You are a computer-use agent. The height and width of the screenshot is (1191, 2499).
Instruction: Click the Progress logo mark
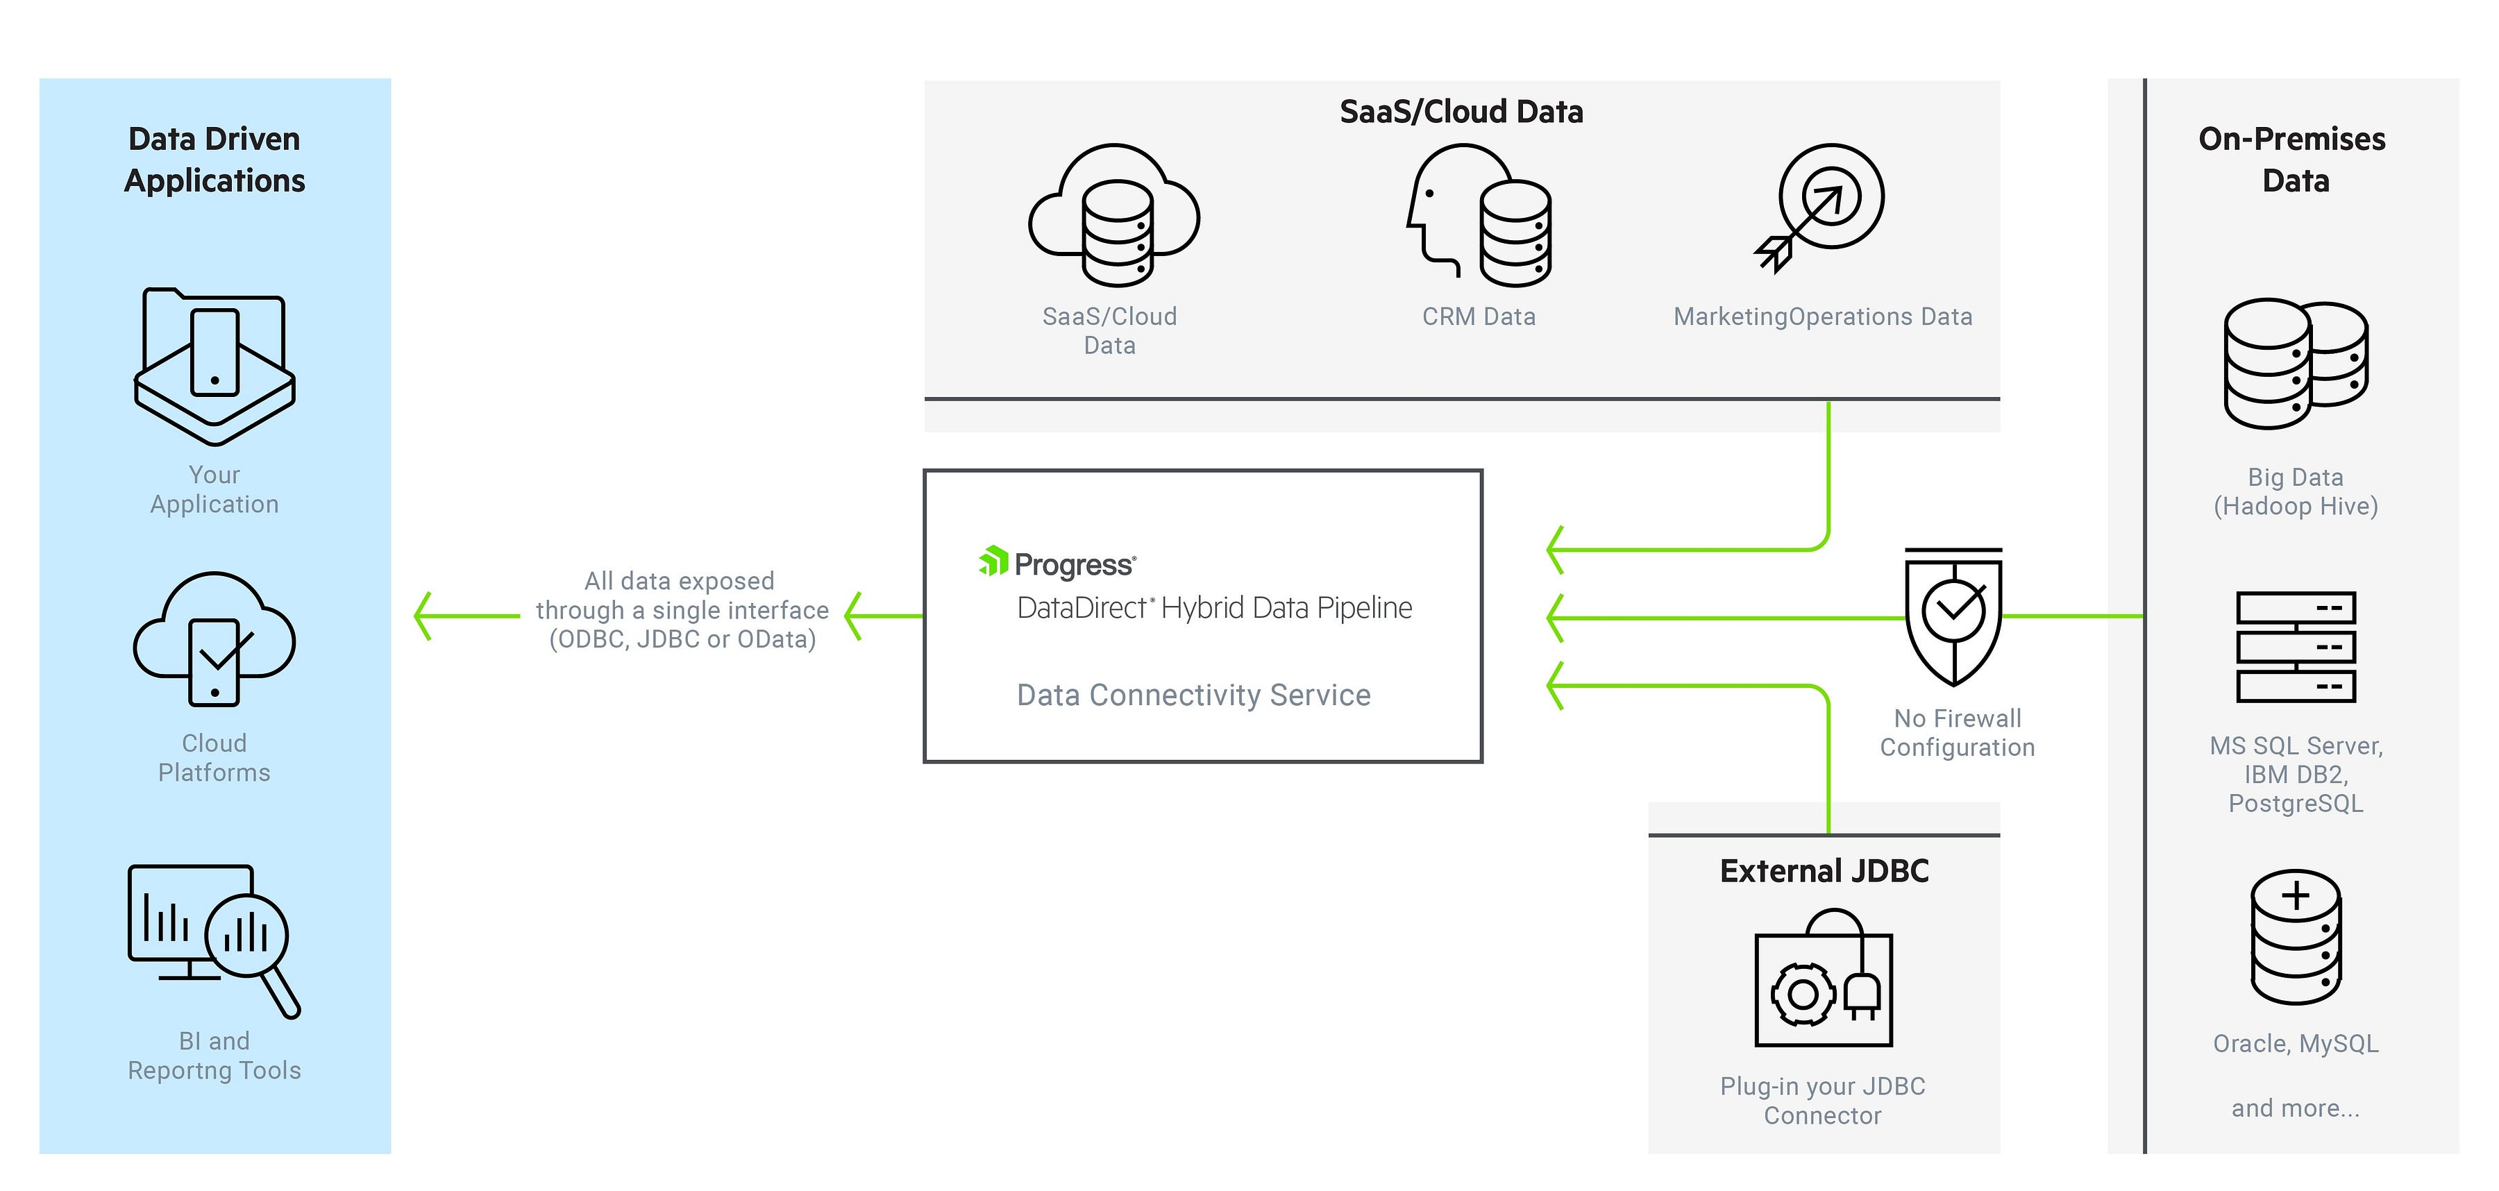(993, 561)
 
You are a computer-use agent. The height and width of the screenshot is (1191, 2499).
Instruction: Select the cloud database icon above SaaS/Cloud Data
(1113, 215)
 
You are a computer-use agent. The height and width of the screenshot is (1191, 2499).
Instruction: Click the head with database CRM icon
(1479, 215)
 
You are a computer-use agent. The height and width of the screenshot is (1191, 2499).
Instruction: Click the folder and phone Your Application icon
(214, 366)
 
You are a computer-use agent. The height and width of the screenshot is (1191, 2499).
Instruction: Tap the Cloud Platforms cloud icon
(214, 637)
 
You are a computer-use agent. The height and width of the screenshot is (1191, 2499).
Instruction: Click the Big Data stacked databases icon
(2296, 363)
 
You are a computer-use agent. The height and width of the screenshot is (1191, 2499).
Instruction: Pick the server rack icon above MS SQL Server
(2296, 647)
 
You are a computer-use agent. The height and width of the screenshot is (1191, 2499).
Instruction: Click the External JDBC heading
(1824, 871)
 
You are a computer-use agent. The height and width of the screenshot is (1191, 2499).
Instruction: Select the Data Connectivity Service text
(1193, 695)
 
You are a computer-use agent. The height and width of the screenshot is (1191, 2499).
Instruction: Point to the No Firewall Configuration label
(1957, 732)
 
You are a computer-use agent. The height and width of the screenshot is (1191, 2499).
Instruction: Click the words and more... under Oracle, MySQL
(2296, 1108)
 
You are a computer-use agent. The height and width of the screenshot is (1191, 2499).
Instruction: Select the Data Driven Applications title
(214, 159)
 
